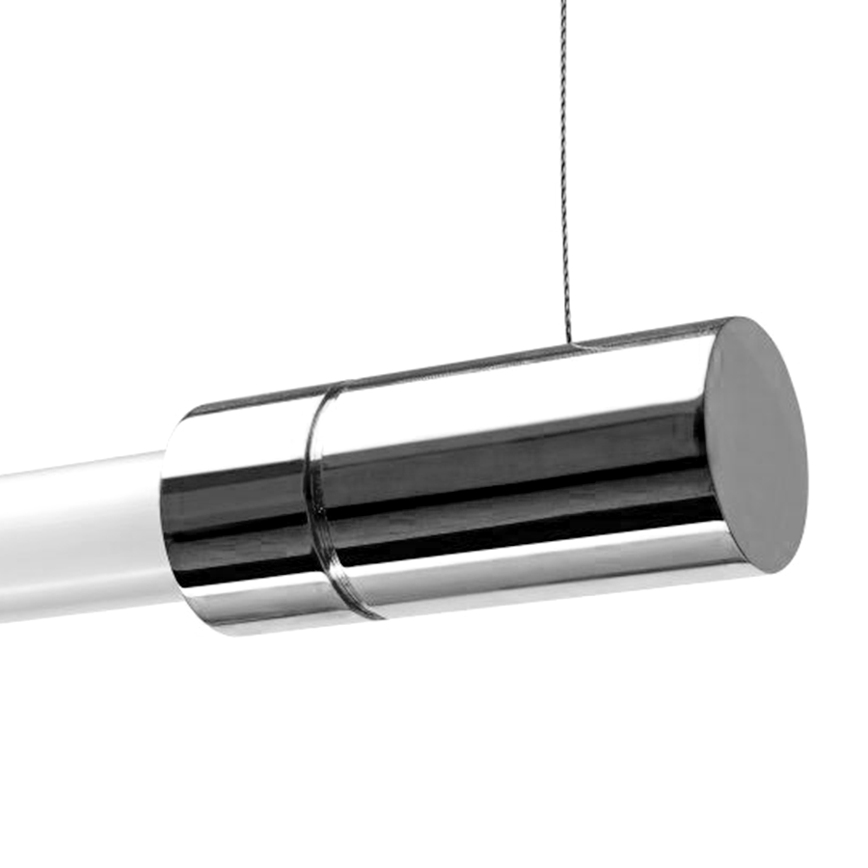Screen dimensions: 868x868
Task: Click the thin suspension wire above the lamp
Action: [x=564, y=174]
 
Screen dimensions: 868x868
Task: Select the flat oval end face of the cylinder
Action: [x=754, y=445]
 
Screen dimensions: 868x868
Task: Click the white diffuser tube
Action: [x=77, y=540]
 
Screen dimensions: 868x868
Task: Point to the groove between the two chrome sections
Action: [x=314, y=502]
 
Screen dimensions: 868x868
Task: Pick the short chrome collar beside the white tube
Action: [x=236, y=511]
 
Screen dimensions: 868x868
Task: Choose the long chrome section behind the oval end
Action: [x=511, y=473]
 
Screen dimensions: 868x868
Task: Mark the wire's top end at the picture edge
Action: [x=559, y=3]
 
